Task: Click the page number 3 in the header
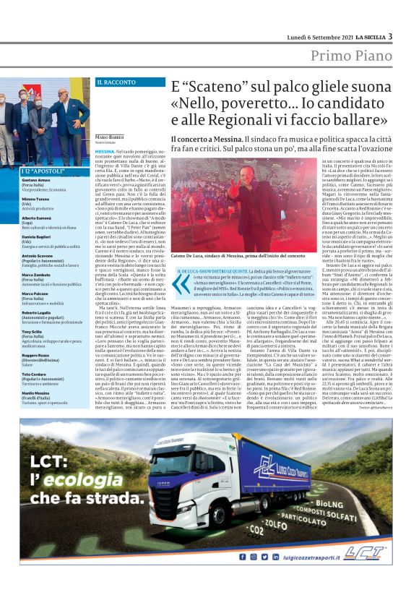point(390,35)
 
